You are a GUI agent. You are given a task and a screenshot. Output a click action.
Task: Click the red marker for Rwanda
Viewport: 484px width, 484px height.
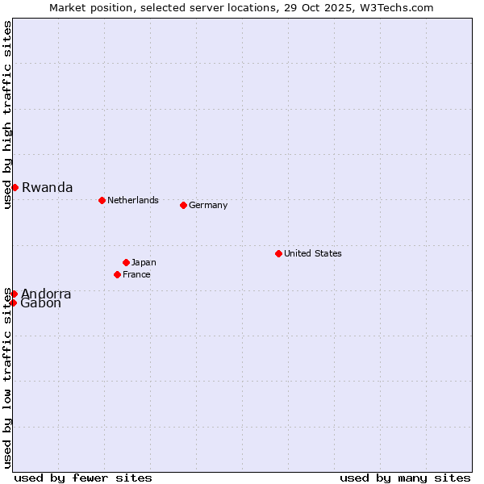(15, 187)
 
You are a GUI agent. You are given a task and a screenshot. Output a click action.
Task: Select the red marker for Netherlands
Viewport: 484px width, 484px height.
(102, 200)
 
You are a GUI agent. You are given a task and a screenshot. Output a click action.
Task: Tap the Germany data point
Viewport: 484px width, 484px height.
(183, 205)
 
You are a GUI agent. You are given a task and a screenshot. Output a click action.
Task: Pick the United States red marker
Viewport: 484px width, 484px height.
(278, 253)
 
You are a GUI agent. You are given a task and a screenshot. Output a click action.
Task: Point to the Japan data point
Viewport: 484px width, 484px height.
(126, 262)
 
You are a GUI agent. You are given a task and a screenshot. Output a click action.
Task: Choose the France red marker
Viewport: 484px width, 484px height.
(117, 274)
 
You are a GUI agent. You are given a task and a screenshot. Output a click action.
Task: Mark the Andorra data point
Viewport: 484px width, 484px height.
(14, 294)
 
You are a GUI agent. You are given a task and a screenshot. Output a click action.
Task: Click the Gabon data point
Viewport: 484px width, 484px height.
(13, 302)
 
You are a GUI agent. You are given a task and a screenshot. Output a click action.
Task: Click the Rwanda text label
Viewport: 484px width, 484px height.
(47, 188)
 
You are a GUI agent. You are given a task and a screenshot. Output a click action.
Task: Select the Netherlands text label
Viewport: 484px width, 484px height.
(132, 200)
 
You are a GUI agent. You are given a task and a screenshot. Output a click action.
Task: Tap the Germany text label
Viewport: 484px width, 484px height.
(208, 205)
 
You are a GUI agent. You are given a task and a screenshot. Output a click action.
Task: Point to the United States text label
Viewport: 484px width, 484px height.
(312, 253)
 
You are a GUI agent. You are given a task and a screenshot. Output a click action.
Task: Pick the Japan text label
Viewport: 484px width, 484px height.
(144, 262)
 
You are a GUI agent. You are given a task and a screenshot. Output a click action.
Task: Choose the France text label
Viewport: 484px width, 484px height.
(136, 274)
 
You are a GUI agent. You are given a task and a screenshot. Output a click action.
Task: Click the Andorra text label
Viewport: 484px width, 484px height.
(46, 294)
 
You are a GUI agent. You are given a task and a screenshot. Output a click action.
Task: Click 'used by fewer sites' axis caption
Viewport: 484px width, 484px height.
(83, 478)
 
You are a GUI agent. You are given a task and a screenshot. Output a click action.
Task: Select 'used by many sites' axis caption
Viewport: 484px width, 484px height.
(405, 478)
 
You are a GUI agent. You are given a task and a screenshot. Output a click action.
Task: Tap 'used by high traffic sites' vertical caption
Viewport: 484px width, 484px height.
(7, 115)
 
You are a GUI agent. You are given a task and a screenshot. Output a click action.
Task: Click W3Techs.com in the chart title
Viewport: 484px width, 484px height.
(397, 7)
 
